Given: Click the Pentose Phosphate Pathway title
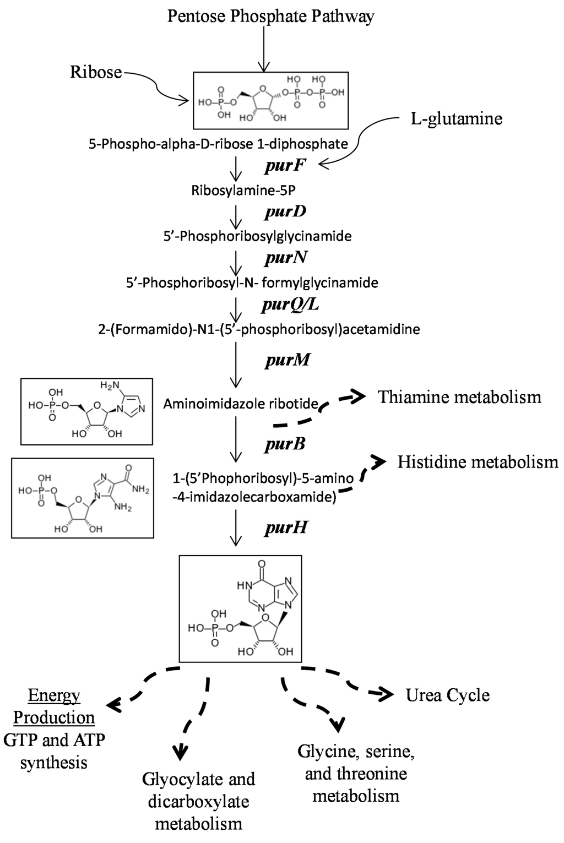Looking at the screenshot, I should (x=270, y=16).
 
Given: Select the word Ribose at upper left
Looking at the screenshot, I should (x=96, y=72).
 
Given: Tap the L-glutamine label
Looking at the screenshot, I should (x=457, y=118).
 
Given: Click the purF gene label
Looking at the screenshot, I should (x=284, y=165).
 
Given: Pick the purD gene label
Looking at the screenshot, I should (x=284, y=211).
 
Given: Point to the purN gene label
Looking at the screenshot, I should (x=284, y=257).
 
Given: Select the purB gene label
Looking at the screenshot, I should (x=285, y=444).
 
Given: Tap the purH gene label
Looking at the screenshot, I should (x=285, y=528).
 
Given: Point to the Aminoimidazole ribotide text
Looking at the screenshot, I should (x=241, y=405).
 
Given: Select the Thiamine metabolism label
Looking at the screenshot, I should (x=459, y=397).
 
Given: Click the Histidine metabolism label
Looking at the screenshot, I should (x=478, y=461).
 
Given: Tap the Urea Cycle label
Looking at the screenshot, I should (x=447, y=695).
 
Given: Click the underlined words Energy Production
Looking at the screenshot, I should (x=54, y=707).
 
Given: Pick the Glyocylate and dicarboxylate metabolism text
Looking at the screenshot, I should (x=198, y=801).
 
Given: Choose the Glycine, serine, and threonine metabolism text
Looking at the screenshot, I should (x=356, y=773).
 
